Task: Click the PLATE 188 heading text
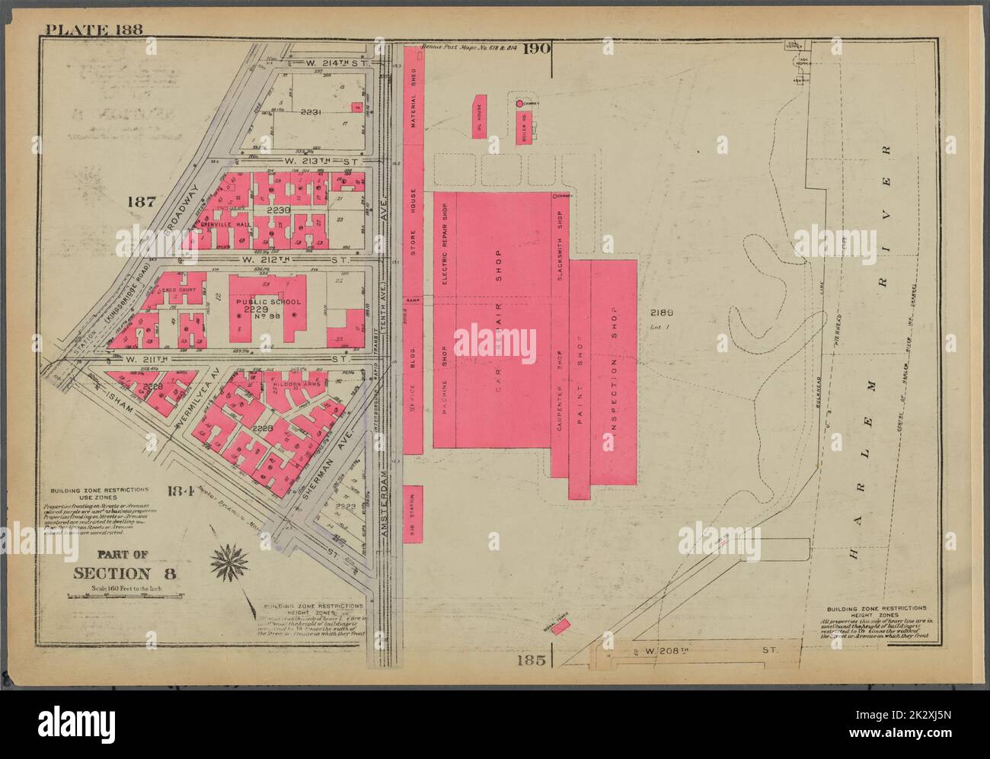click(94, 30)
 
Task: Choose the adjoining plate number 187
click(142, 202)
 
